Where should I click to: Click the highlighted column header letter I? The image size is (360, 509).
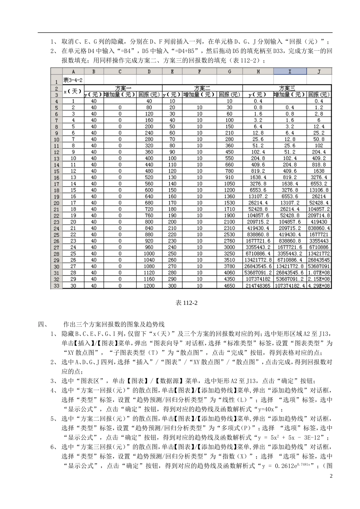tap(290, 71)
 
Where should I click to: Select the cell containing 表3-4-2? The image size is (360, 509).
tap(73, 80)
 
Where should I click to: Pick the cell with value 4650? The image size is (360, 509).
tap(229, 286)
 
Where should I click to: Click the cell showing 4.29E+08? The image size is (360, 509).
tap(319, 286)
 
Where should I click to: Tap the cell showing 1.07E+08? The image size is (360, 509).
tap(319, 273)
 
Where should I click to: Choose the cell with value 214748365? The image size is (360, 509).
tap(258, 286)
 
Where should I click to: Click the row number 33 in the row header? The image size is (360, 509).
tap(56, 286)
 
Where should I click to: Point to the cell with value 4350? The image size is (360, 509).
tap(229, 279)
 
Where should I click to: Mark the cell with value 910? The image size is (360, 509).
tap(229, 177)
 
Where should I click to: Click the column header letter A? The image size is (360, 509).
tap(73, 71)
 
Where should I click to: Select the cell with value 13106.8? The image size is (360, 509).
tap(319, 190)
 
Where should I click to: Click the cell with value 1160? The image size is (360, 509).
tap(149, 279)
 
